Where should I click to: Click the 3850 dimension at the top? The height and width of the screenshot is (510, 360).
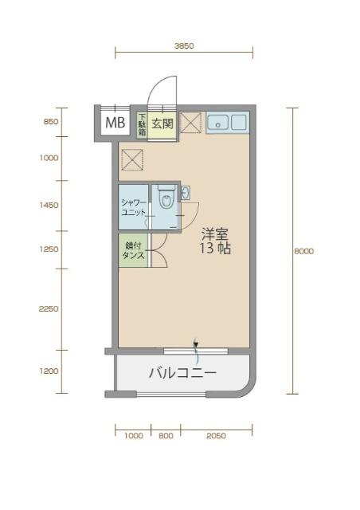click(184, 46)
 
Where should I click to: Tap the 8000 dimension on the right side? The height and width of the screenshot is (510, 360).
click(303, 251)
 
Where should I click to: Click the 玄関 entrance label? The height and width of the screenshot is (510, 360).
click(162, 124)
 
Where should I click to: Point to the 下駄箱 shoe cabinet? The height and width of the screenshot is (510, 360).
click(142, 124)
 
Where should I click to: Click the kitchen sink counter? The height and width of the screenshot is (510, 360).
click(228, 122)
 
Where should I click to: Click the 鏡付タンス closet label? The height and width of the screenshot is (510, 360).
click(133, 250)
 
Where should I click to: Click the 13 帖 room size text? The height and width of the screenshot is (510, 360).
click(215, 249)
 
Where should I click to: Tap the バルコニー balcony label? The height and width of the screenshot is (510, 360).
click(182, 372)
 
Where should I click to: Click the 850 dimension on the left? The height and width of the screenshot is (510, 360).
click(49, 122)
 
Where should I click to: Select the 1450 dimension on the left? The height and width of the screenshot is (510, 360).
click(49, 205)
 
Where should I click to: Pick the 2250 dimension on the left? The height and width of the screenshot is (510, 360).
click(49, 308)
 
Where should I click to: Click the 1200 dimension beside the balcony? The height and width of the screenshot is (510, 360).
click(49, 371)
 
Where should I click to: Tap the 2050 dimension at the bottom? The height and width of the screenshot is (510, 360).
click(216, 436)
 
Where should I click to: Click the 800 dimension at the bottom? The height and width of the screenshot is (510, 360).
click(166, 436)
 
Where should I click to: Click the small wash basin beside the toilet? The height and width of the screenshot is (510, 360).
click(185, 194)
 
